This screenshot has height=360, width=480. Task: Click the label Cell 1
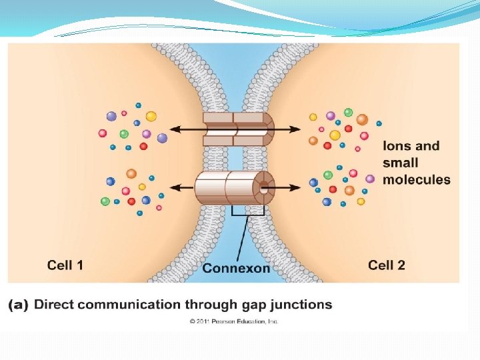pyautogui.click(x=65, y=265)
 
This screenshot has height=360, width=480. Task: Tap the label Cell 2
pyautogui.click(x=387, y=265)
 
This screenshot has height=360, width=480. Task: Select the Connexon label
pyautogui.click(x=236, y=268)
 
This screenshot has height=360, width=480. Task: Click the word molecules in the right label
pyautogui.click(x=417, y=179)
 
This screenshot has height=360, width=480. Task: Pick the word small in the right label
pyautogui.click(x=401, y=163)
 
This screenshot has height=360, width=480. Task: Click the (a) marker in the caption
pyautogui.click(x=18, y=305)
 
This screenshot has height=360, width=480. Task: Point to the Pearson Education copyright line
pyautogui.click(x=234, y=321)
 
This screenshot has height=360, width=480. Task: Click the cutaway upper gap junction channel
pyautogui.click(x=237, y=128)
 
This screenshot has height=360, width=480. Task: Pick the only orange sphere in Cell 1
pyautogui.click(x=131, y=174)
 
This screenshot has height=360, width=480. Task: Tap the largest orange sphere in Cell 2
pyautogui.click(x=362, y=120)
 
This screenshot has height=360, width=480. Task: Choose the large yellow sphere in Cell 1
pyautogui.click(x=151, y=117)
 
